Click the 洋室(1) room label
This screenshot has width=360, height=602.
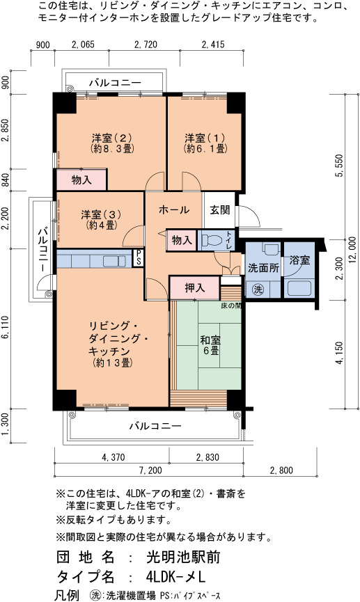click(x=205, y=138)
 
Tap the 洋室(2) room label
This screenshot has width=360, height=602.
click(x=112, y=138)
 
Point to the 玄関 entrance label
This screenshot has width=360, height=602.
click(x=220, y=210)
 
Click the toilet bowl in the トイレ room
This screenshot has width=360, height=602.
click(x=212, y=240)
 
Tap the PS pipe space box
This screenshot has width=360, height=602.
click(x=137, y=258)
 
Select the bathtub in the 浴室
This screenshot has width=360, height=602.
click(x=299, y=289)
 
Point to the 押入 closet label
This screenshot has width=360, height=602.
click(x=195, y=287)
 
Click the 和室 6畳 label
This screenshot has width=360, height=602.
click(x=210, y=345)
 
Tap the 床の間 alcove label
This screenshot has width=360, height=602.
click(x=231, y=306)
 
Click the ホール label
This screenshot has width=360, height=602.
click(x=173, y=209)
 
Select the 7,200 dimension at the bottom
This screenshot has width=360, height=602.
click(x=150, y=470)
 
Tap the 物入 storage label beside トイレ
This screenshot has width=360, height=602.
click(x=181, y=240)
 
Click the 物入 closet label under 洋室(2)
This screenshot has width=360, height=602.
click(x=81, y=180)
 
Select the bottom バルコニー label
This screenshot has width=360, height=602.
click(x=155, y=426)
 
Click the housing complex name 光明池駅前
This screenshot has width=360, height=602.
click(x=183, y=557)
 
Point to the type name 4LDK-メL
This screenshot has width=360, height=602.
click(x=176, y=577)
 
